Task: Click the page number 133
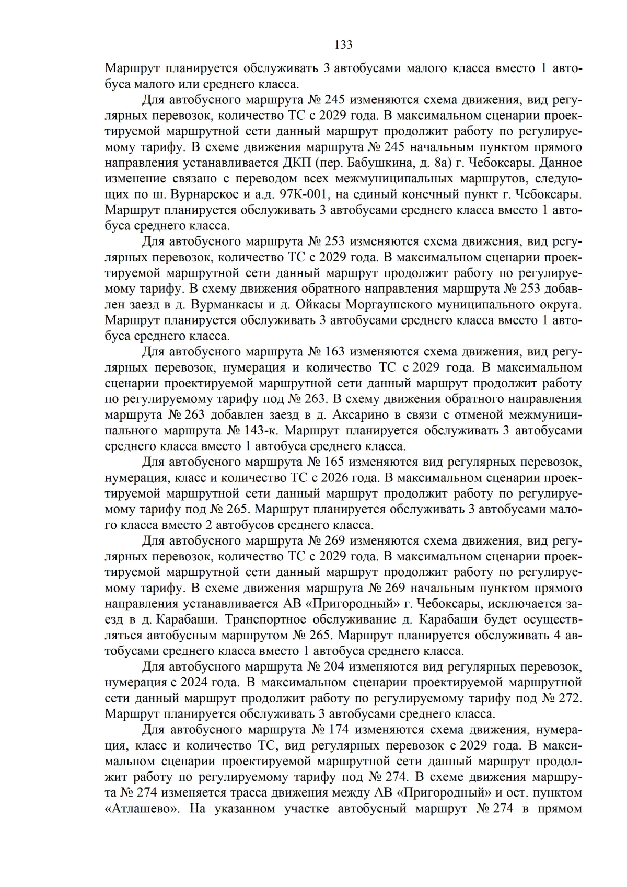tap(343, 44)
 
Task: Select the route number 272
tap(570, 698)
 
